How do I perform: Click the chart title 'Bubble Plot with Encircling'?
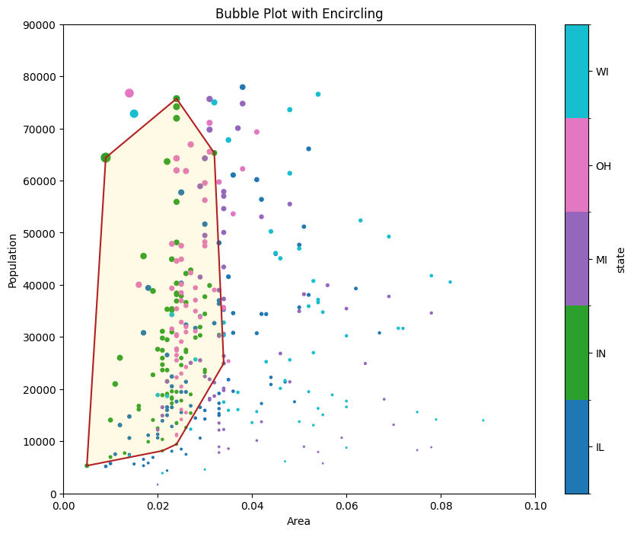299,14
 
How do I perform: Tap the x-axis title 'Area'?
298,522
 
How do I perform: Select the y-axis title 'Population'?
13,259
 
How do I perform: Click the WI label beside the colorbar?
602,72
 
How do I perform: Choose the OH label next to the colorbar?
603,166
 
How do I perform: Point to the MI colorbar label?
601,260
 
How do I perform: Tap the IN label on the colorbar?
601,353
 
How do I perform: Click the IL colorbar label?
601,447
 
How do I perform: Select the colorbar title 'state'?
621,259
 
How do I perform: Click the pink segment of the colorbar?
576,165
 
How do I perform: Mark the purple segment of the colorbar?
576,259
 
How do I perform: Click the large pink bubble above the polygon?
129,93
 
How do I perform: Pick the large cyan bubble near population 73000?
134,114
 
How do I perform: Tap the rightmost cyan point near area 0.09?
483,420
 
